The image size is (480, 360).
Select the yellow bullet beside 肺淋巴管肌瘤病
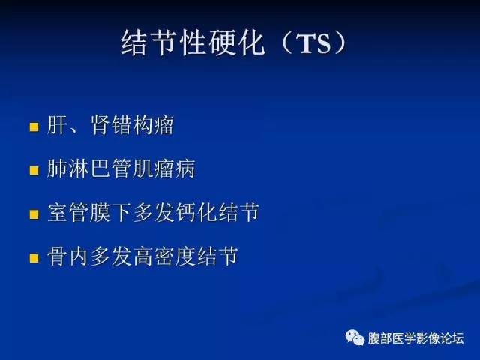[x=34, y=171]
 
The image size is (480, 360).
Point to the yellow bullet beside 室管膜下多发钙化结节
[x=34, y=214]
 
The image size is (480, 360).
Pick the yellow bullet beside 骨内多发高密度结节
[x=34, y=258]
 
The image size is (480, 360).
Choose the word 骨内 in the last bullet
[x=68, y=257]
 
